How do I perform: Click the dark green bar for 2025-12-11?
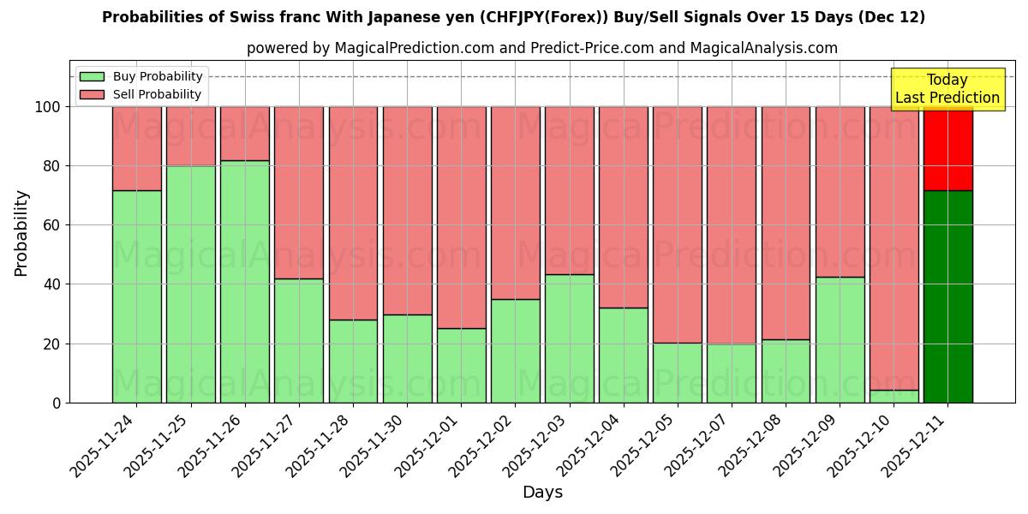(947, 296)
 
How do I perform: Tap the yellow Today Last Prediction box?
(947, 89)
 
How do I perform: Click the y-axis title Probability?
(21, 233)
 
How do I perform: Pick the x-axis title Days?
(542, 493)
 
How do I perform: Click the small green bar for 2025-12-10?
(894, 397)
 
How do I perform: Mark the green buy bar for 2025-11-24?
(136, 296)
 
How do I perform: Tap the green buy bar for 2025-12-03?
(569, 338)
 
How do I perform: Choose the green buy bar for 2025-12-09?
(840, 339)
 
